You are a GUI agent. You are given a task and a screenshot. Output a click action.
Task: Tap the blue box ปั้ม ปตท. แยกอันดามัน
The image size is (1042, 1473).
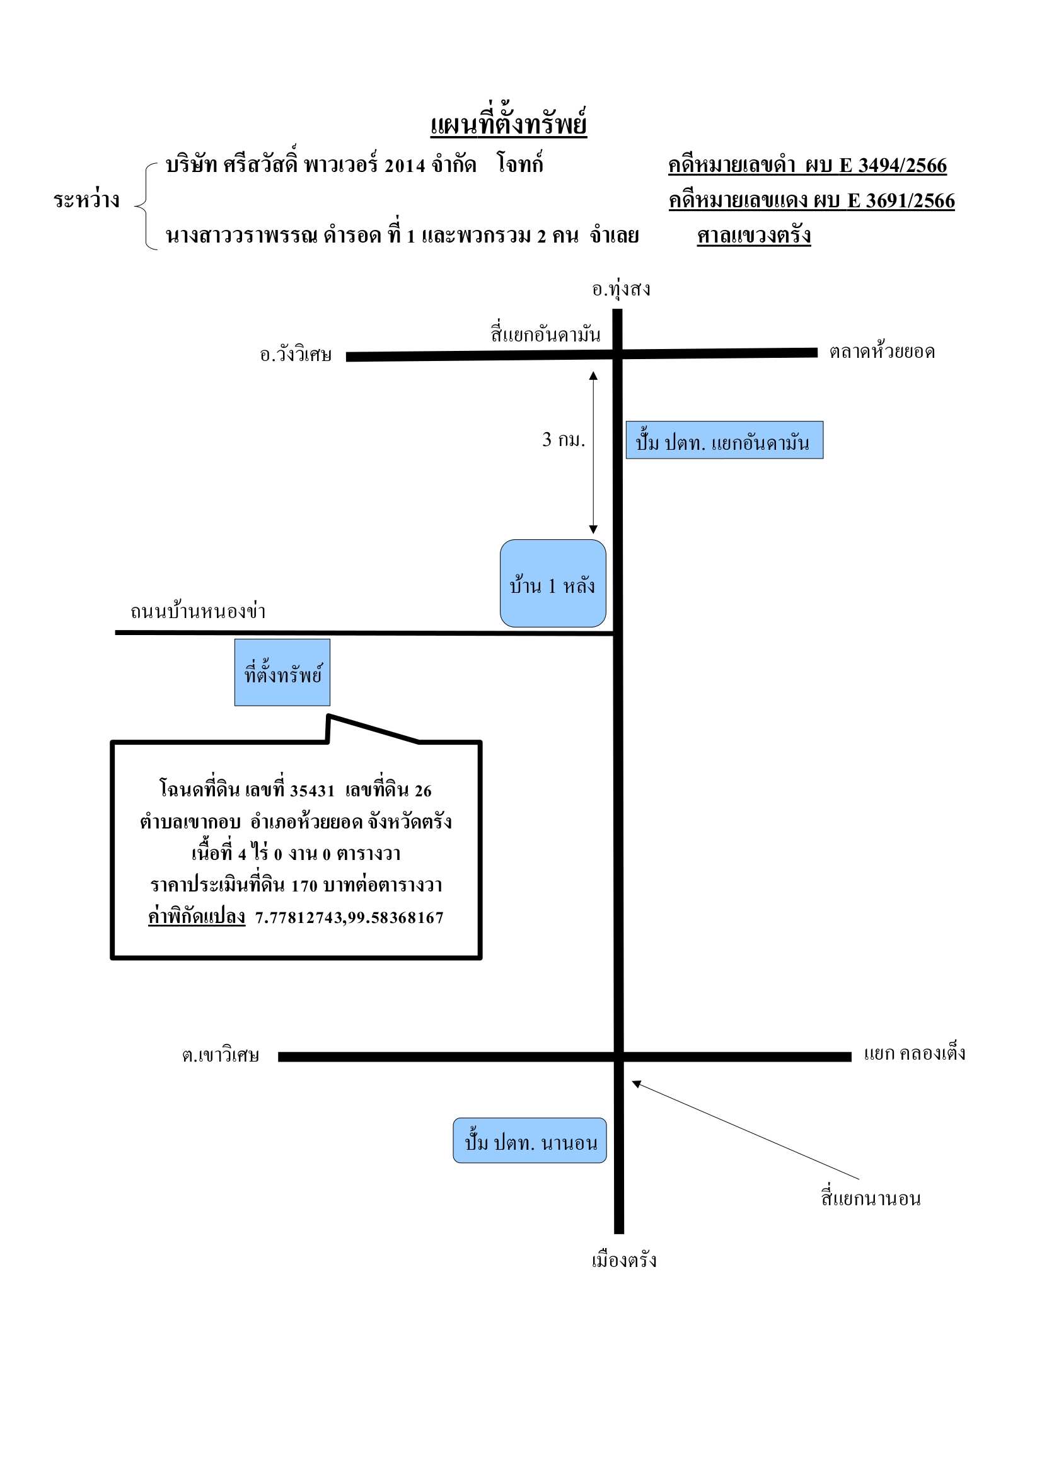point(724,440)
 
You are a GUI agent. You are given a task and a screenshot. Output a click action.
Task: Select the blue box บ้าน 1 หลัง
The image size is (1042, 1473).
point(553,583)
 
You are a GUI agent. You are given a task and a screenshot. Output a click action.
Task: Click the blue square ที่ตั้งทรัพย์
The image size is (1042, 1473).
point(282,672)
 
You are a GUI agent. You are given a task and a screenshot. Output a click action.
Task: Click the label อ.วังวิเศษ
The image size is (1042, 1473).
point(296,354)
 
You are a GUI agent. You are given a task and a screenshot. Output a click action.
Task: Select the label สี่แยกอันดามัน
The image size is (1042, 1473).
point(546,334)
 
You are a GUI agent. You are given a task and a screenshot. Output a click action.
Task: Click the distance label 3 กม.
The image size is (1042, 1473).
point(564,440)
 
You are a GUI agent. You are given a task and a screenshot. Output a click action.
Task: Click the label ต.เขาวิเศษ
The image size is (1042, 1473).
point(220,1055)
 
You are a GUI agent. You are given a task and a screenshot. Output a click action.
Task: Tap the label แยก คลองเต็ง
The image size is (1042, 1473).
point(914,1053)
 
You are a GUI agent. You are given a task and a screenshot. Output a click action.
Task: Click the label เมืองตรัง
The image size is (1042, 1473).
point(624,1260)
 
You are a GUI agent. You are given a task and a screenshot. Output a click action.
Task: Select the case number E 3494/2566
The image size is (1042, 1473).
point(893,166)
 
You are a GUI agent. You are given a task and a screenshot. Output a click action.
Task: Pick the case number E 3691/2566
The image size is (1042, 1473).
point(901,201)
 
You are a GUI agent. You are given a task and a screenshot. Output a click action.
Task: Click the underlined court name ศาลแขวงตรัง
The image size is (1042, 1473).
point(754,235)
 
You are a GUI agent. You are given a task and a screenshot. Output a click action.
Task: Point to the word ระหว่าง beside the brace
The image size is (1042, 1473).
point(86,200)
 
